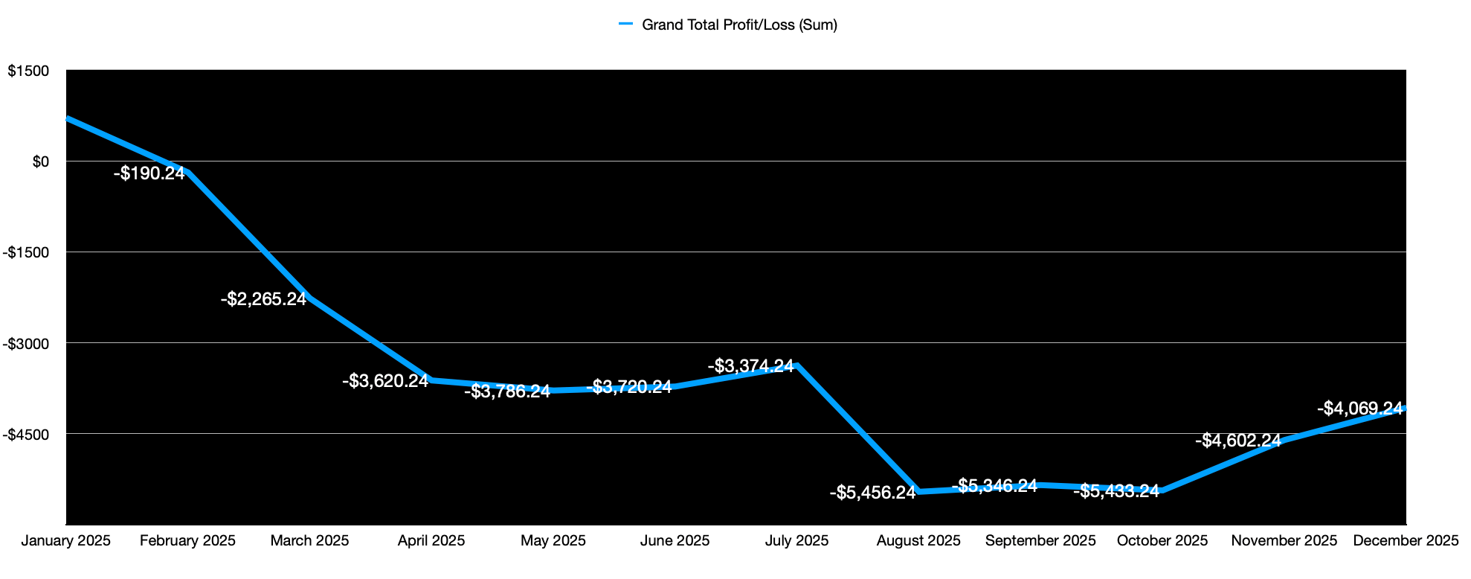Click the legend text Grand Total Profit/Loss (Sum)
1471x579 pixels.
pyautogui.click(x=739, y=25)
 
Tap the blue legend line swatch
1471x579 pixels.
pyautogui.click(x=625, y=24)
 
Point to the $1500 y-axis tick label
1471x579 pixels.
pyautogui.click(x=28, y=71)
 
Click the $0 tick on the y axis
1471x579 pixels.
pyautogui.click(x=40, y=161)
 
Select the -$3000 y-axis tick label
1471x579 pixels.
pyautogui.click(x=26, y=343)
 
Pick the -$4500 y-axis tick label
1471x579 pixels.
pyautogui.click(x=26, y=434)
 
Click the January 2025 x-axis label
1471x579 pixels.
pyautogui.click(x=65, y=540)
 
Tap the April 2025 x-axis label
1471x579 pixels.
pyautogui.click(x=431, y=540)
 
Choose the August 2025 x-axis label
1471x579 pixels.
pyautogui.click(x=918, y=540)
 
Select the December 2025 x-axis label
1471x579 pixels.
pyautogui.click(x=1406, y=540)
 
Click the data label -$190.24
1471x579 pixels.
pyautogui.click(x=149, y=173)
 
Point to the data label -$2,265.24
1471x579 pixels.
pyautogui.click(x=263, y=299)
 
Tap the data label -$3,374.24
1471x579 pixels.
pyautogui.click(x=750, y=366)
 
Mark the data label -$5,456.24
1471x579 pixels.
pyautogui.click(x=872, y=492)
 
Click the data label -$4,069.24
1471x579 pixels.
pyautogui.click(x=1359, y=409)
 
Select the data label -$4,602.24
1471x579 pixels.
pyautogui.click(x=1237, y=441)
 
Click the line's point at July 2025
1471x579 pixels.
pyautogui.click(x=797, y=365)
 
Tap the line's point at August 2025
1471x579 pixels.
pyautogui.click(x=919, y=491)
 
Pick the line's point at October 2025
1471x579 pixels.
pyautogui.click(x=1162, y=490)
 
